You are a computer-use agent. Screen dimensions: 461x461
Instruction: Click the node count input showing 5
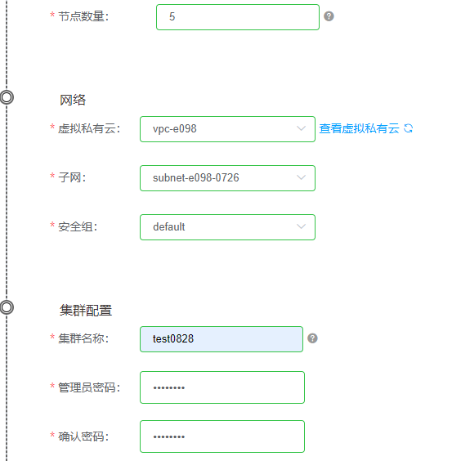238,17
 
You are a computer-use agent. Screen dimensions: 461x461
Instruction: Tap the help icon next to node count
329,16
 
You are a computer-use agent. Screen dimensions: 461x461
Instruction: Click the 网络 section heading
73,100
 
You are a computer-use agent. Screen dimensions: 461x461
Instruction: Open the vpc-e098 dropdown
227,129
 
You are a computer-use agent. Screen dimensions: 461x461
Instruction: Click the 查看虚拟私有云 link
360,128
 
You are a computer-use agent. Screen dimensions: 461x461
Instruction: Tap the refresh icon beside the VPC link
408,128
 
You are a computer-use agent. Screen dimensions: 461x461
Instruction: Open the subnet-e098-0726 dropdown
227,178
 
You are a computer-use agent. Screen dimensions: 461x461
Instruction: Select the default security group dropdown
227,227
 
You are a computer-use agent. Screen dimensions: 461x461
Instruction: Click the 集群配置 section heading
86,310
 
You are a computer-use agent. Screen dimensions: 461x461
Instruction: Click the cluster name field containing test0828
222,339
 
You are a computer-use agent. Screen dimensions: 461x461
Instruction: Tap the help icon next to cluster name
312,338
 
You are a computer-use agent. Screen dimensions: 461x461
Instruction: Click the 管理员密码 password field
222,387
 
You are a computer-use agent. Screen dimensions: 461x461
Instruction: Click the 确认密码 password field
222,436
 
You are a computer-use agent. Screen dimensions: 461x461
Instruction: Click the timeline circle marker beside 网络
7,92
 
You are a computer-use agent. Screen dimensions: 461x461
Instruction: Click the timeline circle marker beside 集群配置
7,301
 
